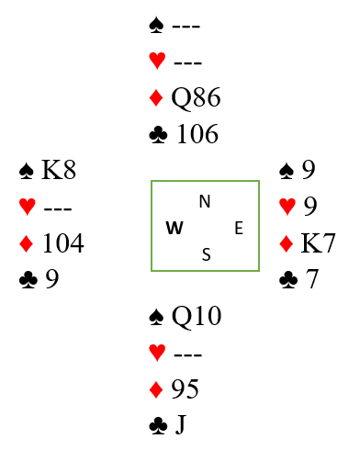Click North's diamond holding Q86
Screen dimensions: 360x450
click(196, 97)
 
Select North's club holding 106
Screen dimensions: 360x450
click(197, 134)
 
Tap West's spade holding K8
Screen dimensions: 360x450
click(59, 170)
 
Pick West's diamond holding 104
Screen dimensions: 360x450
click(63, 243)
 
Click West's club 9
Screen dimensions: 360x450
click(52, 279)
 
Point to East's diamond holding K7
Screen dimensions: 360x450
click(318, 243)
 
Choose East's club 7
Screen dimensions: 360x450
click(311, 279)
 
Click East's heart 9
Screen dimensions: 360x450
click(310, 206)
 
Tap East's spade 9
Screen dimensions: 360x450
click(309, 170)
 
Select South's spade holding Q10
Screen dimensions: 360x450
click(197, 316)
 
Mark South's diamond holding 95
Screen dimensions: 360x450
click(185, 388)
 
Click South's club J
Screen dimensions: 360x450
click(181, 424)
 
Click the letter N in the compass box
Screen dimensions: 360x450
click(205, 201)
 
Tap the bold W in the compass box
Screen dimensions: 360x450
click(174, 228)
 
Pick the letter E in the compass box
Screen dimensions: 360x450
click(239, 228)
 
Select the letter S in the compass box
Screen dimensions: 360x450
click(207, 254)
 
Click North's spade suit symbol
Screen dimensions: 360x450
click(156, 25)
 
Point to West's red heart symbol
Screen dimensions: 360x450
click(28, 206)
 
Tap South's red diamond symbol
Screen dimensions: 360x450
click(156, 389)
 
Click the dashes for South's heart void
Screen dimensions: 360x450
click(187, 354)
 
